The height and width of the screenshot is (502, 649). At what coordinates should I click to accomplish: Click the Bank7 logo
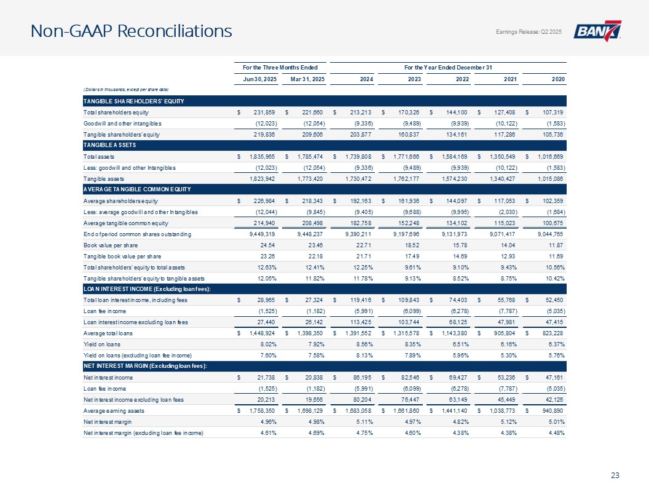[597, 31]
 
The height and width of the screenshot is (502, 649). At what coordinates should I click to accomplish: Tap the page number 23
[616, 474]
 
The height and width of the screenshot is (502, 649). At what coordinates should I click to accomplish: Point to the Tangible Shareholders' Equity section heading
[127, 101]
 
